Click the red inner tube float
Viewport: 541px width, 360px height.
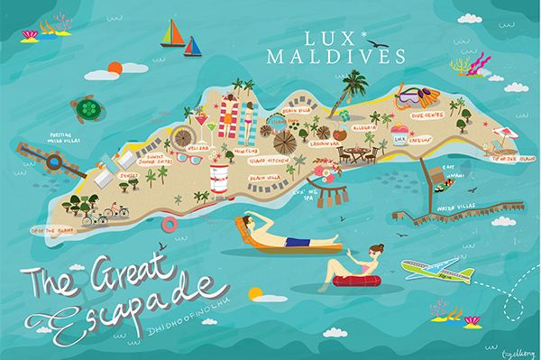point(354,282)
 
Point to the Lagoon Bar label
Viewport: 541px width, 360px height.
point(323,143)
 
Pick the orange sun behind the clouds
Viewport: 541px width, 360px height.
point(115,66)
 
